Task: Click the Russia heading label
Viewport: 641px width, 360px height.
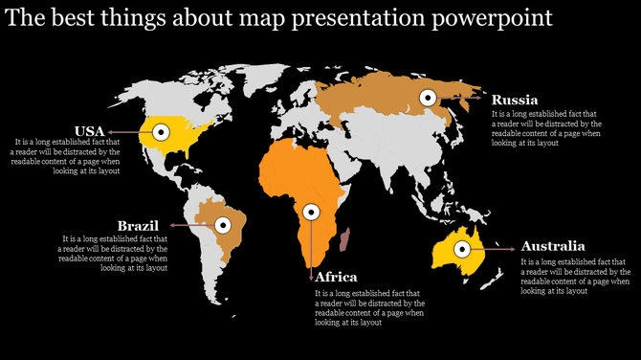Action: point(515,100)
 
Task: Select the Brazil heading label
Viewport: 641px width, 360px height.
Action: point(137,225)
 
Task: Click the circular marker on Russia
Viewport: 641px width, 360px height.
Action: point(429,96)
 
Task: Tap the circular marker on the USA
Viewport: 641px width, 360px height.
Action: point(162,131)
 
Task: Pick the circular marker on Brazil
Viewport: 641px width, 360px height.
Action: point(224,225)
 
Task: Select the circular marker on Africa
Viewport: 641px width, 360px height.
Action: point(310,213)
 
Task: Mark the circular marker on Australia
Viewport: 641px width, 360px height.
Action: point(462,248)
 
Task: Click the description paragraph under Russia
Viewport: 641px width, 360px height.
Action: point(545,127)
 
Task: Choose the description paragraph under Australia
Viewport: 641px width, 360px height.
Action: point(574,276)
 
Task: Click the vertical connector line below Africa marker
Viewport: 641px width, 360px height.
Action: point(310,244)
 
